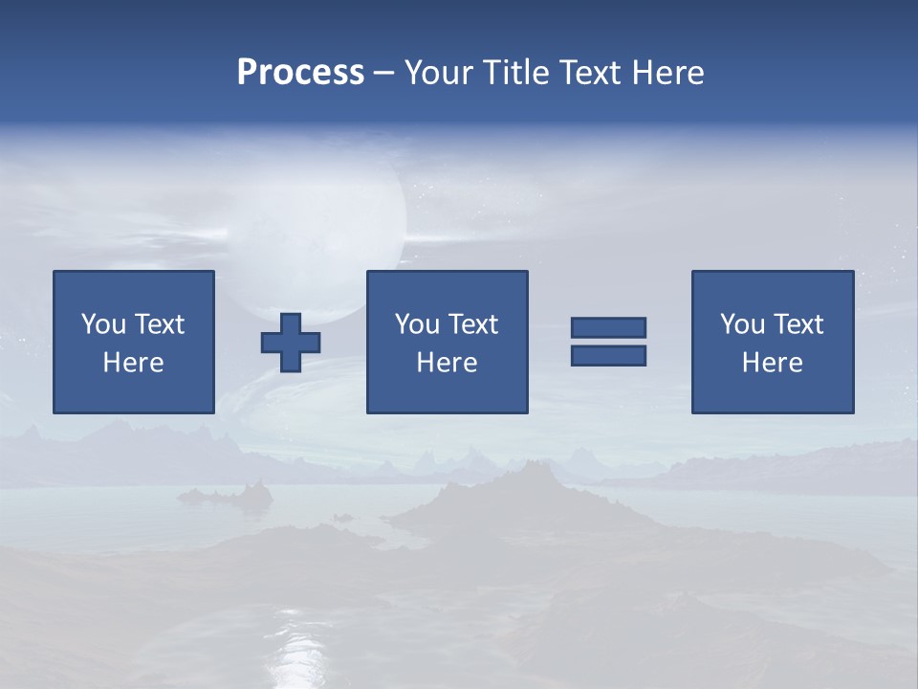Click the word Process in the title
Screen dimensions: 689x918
pyautogui.click(x=300, y=73)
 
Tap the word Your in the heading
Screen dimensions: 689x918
pyautogui.click(x=437, y=73)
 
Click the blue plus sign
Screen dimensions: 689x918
pyautogui.click(x=291, y=343)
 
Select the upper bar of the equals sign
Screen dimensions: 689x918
pyautogui.click(x=608, y=327)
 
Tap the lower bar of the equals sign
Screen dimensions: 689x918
pyautogui.click(x=608, y=355)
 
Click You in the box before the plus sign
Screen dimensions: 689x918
pyautogui.click(x=103, y=324)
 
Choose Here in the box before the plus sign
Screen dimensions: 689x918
pyautogui.click(x=133, y=363)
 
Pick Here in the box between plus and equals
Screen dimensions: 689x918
pyautogui.click(x=447, y=363)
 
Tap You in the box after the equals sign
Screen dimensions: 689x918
pyautogui.click(x=742, y=324)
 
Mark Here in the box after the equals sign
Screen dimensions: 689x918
pyautogui.click(x=772, y=363)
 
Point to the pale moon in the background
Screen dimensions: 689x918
pyautogui.click(x=316, y=230)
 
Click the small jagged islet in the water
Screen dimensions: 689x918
pyautogui.click(x=229, y=495)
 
